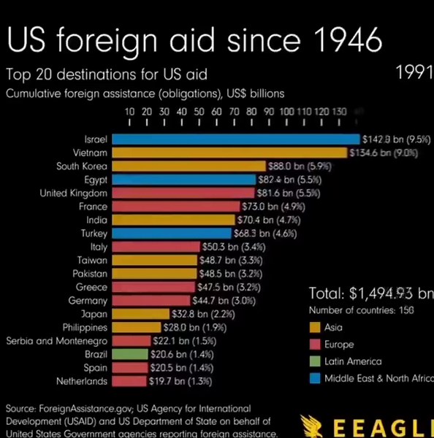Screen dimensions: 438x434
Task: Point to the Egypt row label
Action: [x=96, y=180]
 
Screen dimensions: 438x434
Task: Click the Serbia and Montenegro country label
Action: [x=57, y=341]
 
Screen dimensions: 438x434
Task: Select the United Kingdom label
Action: [x=74, y=193]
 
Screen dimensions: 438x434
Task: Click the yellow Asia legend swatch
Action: [x=316, y=327]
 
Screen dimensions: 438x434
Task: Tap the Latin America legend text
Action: [x=353, y=361]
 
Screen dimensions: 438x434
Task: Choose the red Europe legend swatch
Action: [x=316, y=344]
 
